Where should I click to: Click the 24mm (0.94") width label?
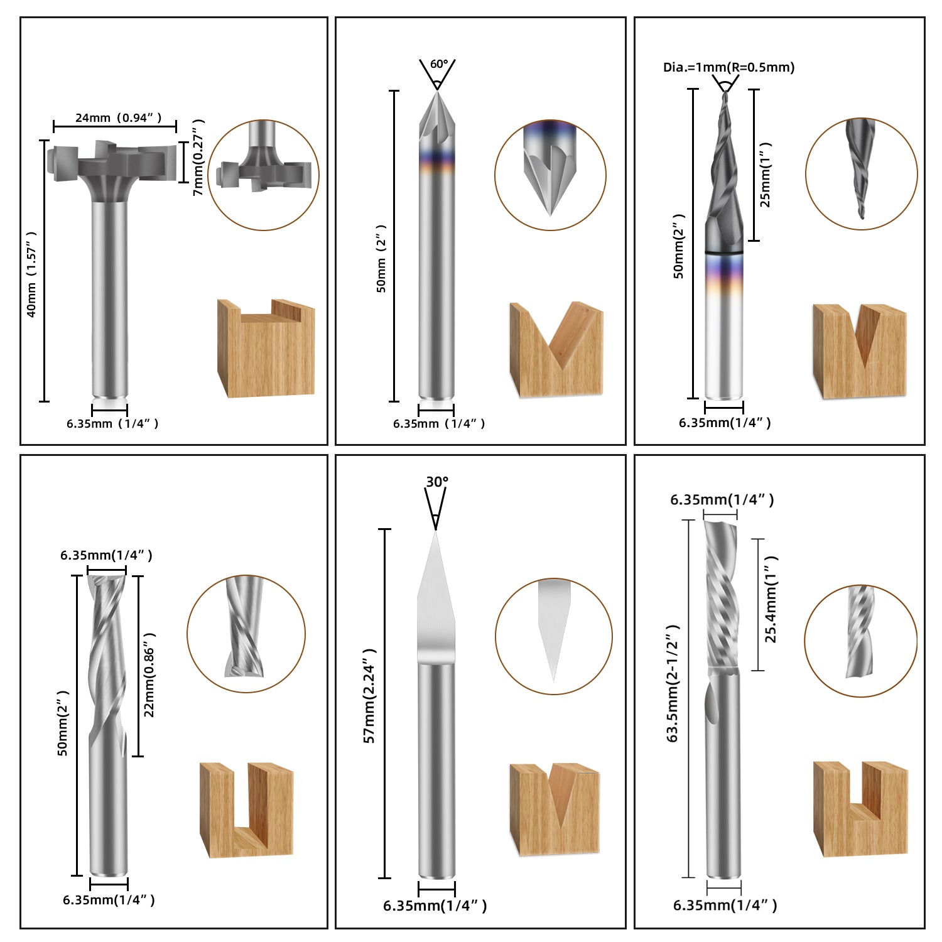click(118, 117)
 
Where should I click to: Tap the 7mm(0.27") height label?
click(198, 157)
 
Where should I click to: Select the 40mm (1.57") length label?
click(31, 274)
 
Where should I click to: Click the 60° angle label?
click(439, 64)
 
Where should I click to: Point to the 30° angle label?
click(437, 482)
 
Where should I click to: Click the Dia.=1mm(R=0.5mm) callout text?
click(728, 67)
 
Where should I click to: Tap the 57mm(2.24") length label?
click(370, 696)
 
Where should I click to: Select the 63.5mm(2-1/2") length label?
click(673, 683)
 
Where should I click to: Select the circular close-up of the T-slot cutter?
click(264, 175)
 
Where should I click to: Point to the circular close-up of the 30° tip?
click(553, 636)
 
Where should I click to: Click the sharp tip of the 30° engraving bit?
click(436, 533)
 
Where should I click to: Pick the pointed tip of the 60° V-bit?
click(436, 93)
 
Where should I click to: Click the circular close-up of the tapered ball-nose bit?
click(861, 173)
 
